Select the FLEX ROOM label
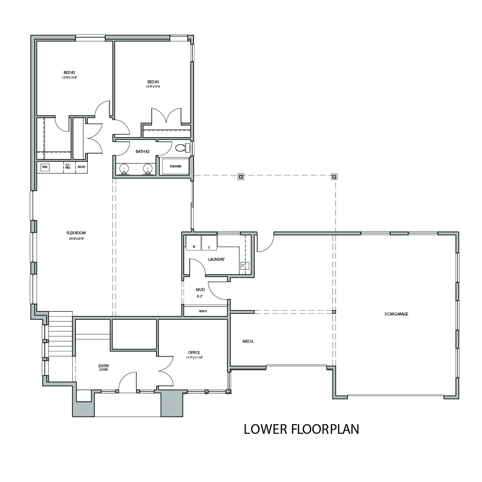76,233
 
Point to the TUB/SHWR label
175,166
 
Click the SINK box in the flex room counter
45,167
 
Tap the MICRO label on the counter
81,167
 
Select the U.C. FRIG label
68,166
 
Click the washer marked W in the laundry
193,243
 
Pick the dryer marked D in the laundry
209,243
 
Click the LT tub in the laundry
245,265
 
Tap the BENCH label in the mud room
203,311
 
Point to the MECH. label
248,341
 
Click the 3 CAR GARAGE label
396,314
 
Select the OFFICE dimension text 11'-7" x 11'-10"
194,357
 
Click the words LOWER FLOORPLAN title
301,429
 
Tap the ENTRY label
104,366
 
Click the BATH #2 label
142,152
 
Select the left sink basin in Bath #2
124,169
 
